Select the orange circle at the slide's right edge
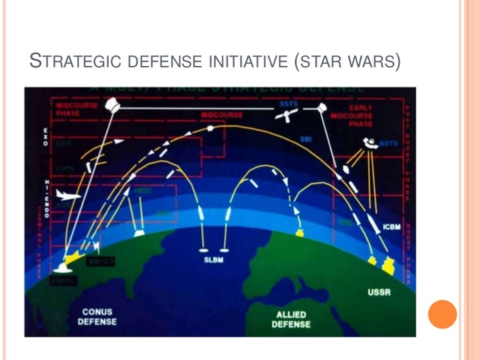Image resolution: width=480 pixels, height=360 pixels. (442, 314)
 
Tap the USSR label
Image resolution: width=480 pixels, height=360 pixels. (379, 291)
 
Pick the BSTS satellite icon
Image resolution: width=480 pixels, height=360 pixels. (370, 142)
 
